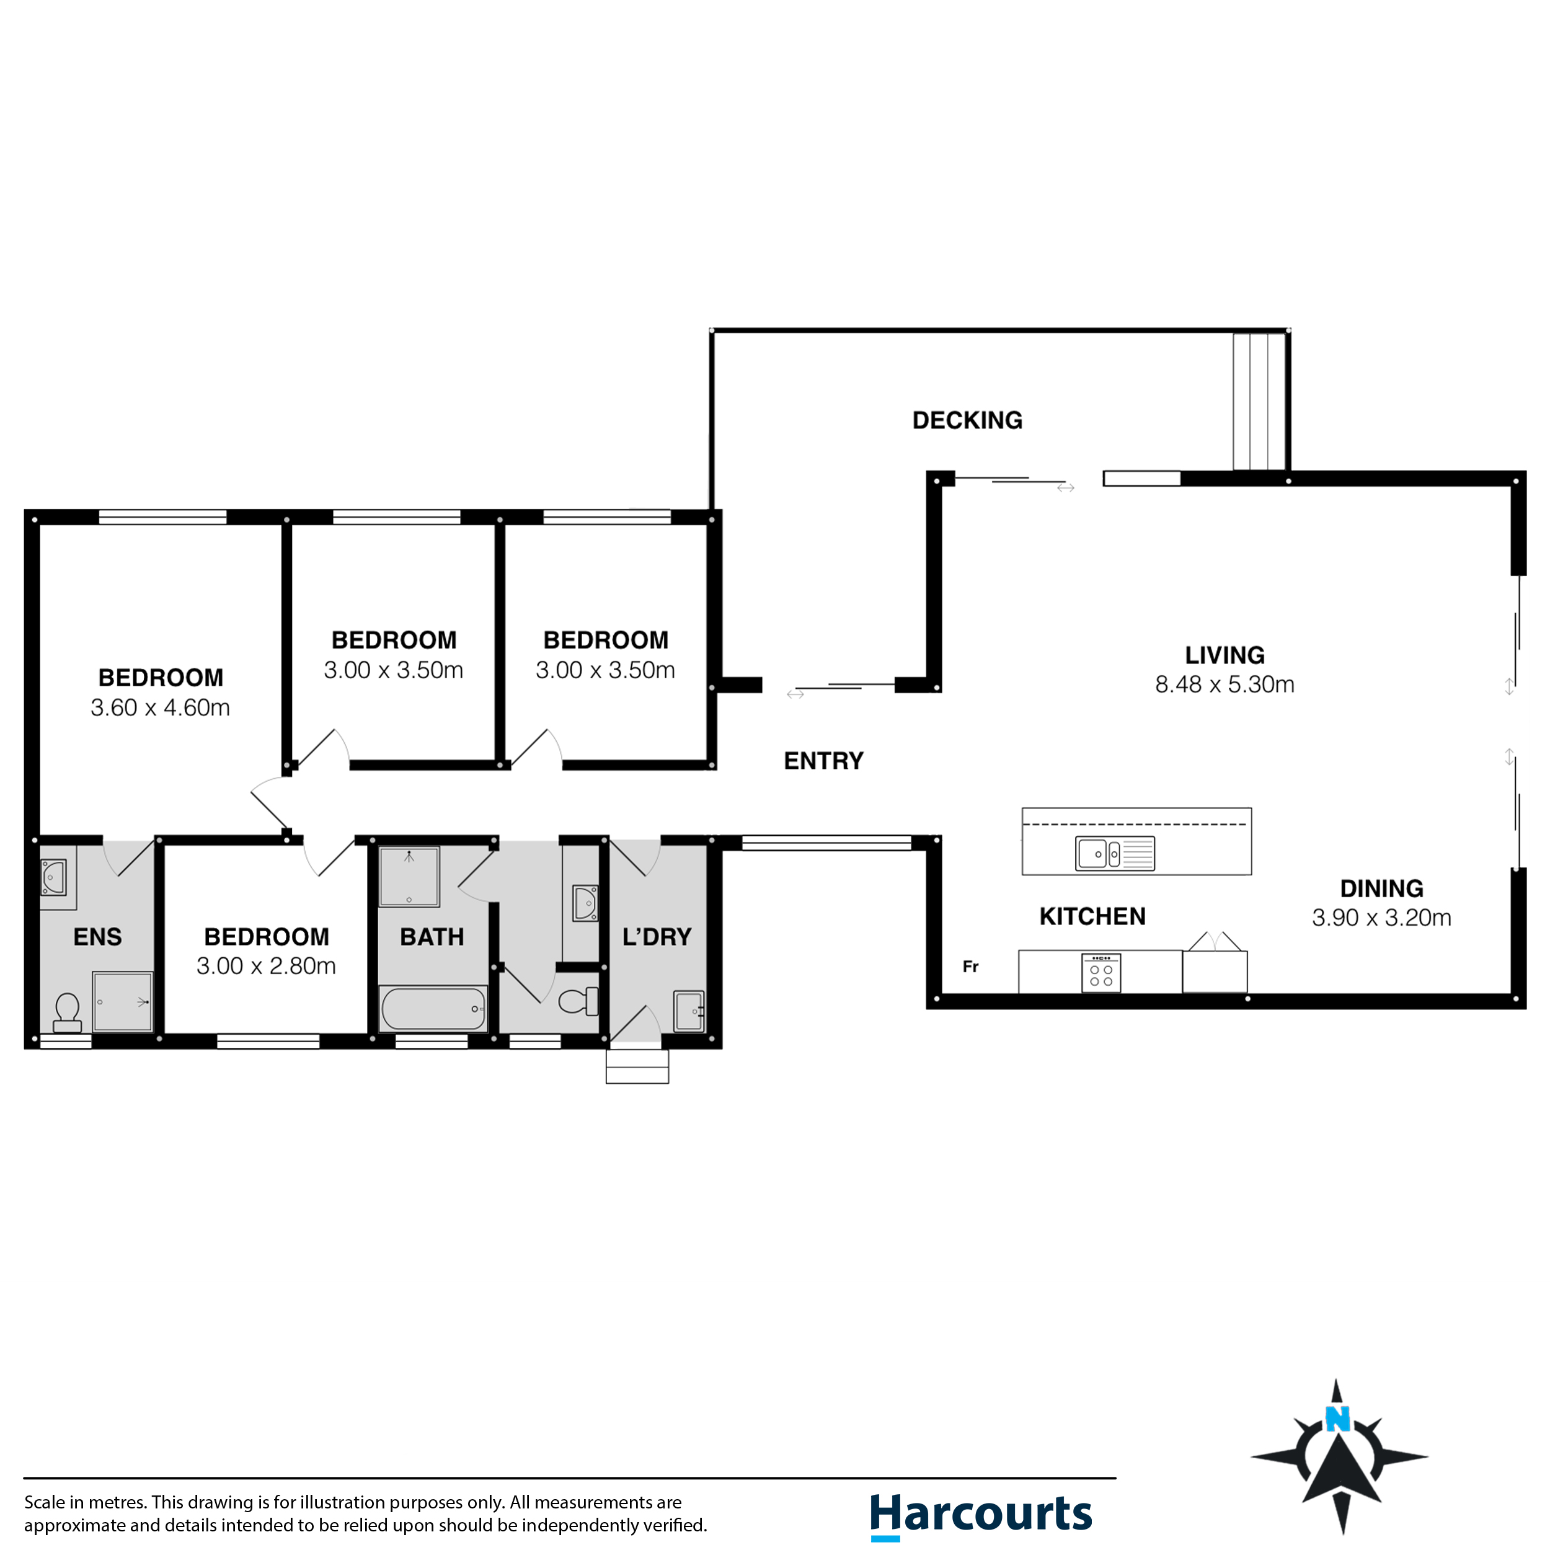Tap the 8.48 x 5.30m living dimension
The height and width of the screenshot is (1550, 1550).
[1224, 684]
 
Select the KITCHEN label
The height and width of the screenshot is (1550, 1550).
[1092, 916]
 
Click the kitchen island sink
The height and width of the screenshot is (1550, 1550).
[1114, 854]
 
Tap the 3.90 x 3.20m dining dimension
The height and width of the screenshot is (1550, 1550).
[1381, 918]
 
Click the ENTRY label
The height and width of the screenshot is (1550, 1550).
[823, 761]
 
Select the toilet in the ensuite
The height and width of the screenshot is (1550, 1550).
[68, 1012]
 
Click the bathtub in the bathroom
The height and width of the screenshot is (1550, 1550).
[433, 1009]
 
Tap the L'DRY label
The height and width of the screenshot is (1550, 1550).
[656, 936]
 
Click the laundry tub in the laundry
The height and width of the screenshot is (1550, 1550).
[688, 1011]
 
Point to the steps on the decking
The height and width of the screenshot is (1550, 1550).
[1260, 401]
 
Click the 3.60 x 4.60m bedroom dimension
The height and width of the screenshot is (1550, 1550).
[161, 707]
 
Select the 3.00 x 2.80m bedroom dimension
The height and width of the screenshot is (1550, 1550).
[267, 966]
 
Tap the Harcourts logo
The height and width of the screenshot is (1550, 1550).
[980, 1515]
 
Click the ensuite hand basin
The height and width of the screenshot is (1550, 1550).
[53, 878]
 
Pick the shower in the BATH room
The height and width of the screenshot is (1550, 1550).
[409, 876]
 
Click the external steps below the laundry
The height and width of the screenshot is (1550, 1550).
[637, 1066]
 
